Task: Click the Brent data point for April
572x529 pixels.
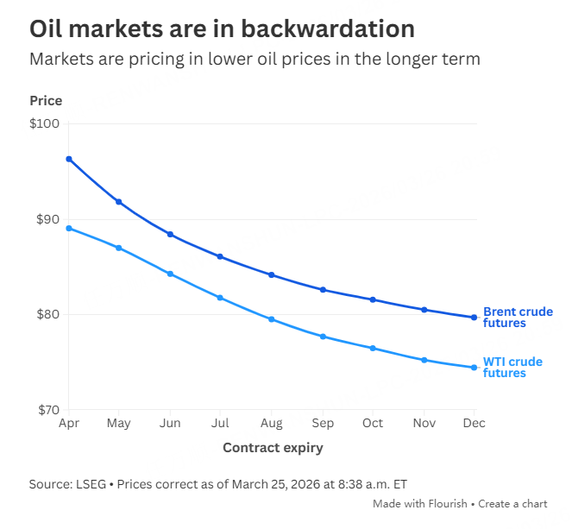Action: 69,159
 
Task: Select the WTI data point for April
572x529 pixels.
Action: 69,229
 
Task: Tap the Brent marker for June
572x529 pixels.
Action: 170,235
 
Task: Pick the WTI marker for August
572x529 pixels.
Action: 272,319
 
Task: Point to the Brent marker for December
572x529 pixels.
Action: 474,318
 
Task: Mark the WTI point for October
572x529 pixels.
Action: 373,349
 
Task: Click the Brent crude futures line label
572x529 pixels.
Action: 518,318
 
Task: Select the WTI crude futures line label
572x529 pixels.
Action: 512,368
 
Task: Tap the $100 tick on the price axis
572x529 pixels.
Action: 44,124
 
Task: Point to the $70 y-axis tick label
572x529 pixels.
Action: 47,410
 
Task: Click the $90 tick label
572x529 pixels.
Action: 47,219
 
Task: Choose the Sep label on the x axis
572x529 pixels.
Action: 323,424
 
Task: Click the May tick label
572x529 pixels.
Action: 119,424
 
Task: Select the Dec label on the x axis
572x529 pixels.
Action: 474,424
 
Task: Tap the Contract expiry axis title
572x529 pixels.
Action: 273,448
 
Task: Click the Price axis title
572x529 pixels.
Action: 46,101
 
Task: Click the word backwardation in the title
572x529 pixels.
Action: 330,28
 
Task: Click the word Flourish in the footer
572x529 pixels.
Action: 446,503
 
